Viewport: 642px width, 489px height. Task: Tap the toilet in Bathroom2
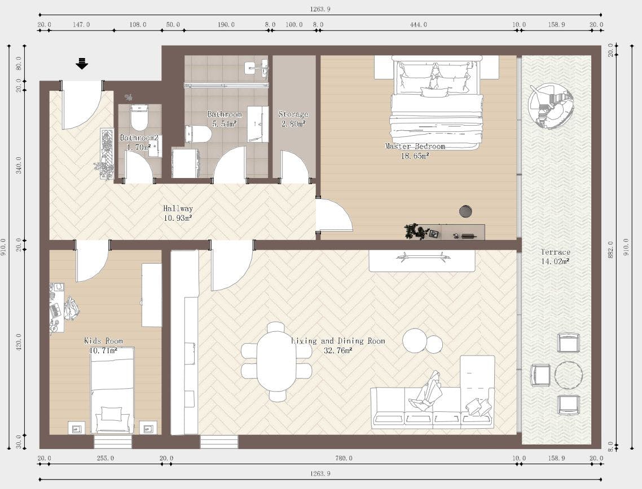pos(139,118)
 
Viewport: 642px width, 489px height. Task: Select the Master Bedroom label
pos(415,146)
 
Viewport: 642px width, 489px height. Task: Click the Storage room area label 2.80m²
pos(293,123)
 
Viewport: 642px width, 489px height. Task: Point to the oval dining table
pos(276,361)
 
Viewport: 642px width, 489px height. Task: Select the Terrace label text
pos(555,252)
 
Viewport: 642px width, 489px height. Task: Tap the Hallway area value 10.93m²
pos(178,217)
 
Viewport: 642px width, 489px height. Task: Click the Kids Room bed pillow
pos(112,415)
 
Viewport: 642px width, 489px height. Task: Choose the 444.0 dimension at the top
pos(418,24)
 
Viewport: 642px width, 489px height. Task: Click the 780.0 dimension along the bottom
pos(344,459)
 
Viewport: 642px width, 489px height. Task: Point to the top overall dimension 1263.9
pos(320,8)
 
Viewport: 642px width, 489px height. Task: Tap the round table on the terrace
pos(568,375)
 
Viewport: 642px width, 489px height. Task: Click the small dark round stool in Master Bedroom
pos(466,211)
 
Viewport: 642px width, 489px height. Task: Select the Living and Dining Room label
pos(338,341)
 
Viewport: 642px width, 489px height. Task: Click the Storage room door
pos(293,167)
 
